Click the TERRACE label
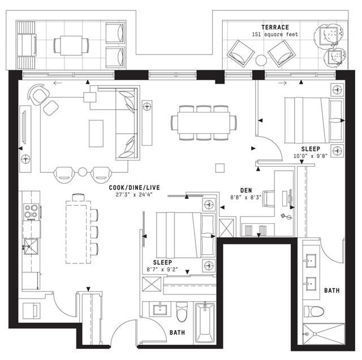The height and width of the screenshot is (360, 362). point(275,28)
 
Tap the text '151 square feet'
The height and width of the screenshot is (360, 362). point(275,34)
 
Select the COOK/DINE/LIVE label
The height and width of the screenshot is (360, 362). point(135,188)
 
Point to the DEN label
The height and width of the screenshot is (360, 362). point(246,190)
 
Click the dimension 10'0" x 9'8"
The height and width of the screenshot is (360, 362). point(311,156)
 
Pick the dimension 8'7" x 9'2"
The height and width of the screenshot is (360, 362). point(162,270)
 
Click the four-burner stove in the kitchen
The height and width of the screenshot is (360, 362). point(31,211)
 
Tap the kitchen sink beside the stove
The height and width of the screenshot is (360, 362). point(31,247)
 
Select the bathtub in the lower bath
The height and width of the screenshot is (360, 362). point(205,323)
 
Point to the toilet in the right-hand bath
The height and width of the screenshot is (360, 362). point(314,311)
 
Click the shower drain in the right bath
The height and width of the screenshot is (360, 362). point(314,334)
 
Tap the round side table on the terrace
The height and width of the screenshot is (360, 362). point(261,60)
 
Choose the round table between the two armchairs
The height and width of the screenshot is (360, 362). point(83,172)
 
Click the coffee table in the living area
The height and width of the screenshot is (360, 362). point(96,133)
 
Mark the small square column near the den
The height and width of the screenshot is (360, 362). point(220,168)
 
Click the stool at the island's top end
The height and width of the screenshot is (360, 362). point(79,197)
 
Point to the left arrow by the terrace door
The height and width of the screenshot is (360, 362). point(58,83)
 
